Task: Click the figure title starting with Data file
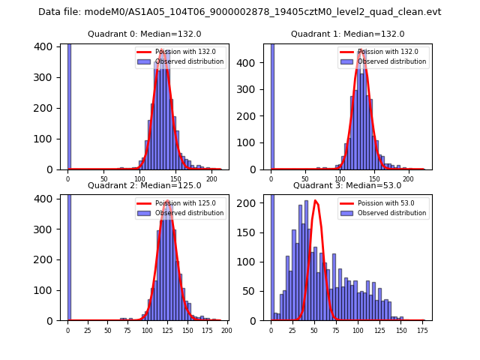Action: [240, 12]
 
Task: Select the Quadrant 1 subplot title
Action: [347, 34]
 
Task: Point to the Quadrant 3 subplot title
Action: [347, 185]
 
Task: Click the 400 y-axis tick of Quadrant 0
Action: [47, 46]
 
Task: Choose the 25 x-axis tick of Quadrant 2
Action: [88, 329]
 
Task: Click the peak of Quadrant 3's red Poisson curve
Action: [315, 201]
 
